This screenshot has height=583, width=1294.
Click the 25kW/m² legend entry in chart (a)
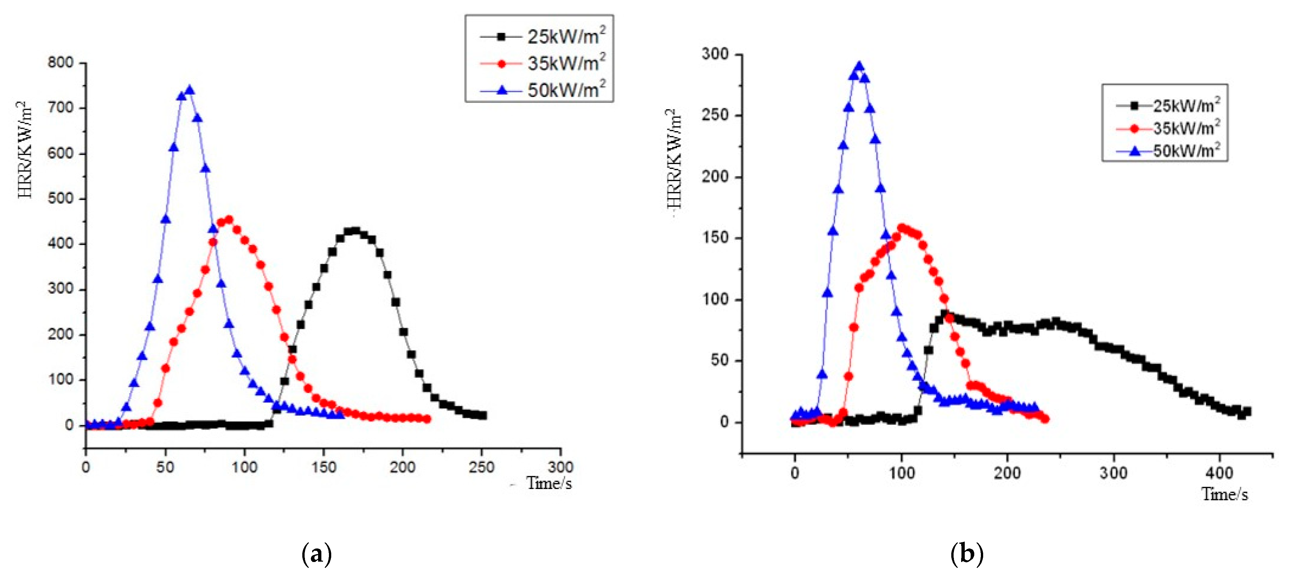[543, 36]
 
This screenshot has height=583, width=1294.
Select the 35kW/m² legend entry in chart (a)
[543, 63]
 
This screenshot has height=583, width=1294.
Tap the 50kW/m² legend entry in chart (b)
[1170, 150]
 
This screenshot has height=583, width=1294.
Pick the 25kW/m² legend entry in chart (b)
[1170, 105]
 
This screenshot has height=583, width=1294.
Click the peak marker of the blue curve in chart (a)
[189, 90]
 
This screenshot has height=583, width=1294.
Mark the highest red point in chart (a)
[229, 220]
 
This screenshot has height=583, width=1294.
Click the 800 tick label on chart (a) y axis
[60, 62]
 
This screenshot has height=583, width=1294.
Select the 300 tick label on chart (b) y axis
[715, 54]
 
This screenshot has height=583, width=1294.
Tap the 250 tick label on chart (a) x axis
[481, 467]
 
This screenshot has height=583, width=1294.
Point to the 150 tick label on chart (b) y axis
[715, 238]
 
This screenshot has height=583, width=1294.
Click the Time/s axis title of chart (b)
[1224, 495]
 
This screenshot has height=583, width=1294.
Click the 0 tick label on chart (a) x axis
[86, 467]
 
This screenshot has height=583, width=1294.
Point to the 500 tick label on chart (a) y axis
[60, 198]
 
